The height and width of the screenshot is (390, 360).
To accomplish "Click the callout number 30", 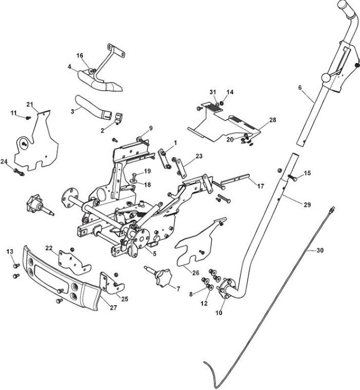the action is coord(320,250).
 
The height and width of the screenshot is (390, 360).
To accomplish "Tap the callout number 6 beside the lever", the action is coord(300,87).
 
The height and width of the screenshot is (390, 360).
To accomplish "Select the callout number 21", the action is coord(30,104).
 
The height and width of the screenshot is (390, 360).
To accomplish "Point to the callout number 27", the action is coord(113,308).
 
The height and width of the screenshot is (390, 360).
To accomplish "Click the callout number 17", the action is coord(260,186).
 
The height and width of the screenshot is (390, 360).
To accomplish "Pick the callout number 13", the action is coord(10,252).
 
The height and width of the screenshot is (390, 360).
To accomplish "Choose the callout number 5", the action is coord(154,253).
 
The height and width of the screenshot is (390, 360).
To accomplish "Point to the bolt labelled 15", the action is coord(293,177).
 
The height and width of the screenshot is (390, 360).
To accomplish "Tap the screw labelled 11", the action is coord(28,117).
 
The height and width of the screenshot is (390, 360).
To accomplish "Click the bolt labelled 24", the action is coord(19,172).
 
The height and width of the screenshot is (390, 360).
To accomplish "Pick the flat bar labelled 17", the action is coord(235,179).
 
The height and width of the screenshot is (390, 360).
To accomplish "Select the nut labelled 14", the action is coord(222,103).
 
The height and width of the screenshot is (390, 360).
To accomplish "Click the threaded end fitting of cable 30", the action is coord(331,210).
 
